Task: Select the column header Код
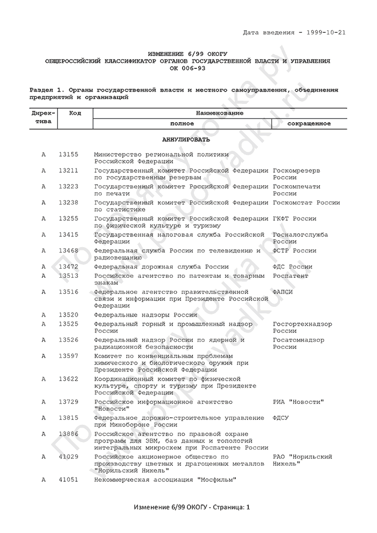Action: tap(75, 113)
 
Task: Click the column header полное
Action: tap(181, 124)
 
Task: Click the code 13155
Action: tap(68, 155)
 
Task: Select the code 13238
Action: tap(68, 203)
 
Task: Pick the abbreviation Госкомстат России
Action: tap(306, 203)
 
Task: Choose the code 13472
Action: tap(68, 267)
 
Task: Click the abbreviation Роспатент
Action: tap(291, 276)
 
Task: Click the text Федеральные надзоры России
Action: tap(145, 315)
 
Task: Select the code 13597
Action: tap(68, 356)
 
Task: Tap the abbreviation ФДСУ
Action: tap(281, 418)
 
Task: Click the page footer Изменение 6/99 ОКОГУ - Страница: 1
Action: tap(188, 508)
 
